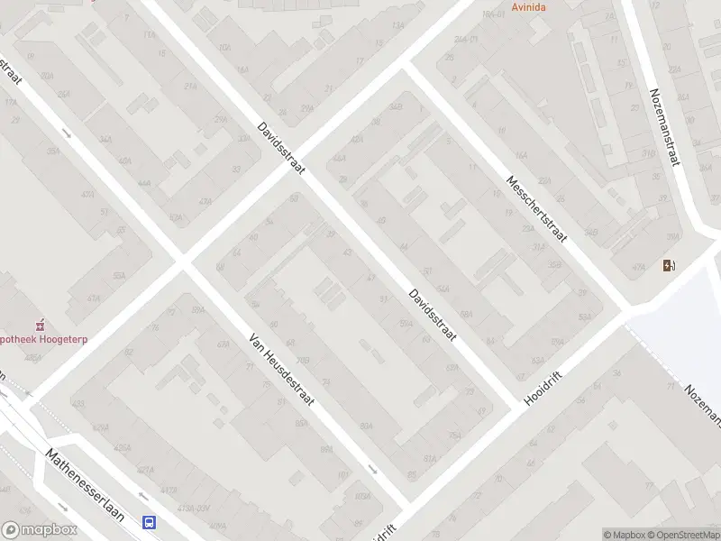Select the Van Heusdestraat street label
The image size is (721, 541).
pos(281,368)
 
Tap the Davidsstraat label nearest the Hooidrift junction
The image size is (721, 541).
pos(433,315)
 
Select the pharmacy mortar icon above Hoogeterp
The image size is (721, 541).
pos(39,325)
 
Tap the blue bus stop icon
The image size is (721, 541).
pos(149,522)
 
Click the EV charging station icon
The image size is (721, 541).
pos(669,265)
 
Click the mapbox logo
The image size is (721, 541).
pos(41,530)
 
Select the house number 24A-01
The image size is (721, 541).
pos(466,40)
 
